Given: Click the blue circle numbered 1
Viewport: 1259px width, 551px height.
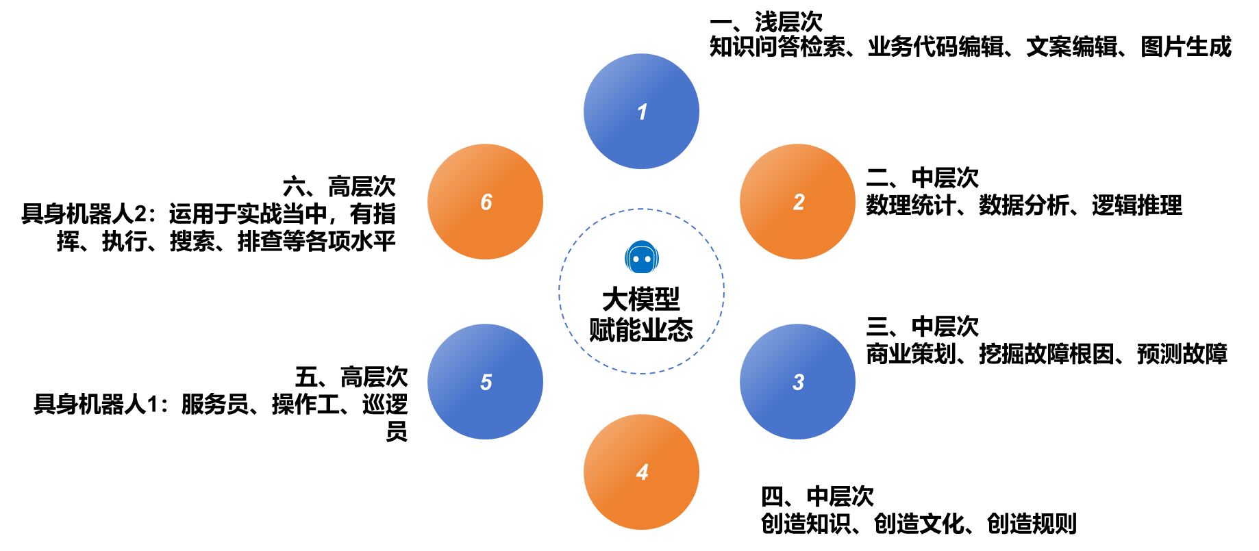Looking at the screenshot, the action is (x=641, y=111).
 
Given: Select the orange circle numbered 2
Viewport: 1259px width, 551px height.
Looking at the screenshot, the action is (x=797, y=201).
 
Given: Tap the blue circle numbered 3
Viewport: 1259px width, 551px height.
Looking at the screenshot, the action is (x=797, y=381).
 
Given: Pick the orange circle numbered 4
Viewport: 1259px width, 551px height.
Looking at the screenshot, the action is (x=641, y=472).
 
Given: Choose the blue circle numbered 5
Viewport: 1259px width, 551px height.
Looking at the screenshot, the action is (x=485, y=381).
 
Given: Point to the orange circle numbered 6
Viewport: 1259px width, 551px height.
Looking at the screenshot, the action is (x=485, y=201).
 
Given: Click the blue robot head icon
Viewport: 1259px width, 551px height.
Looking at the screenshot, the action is (x=642, y=257).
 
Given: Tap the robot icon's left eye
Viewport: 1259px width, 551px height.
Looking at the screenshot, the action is (x=636, y=259).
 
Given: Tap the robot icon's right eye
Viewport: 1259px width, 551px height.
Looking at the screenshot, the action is (x=647, y=259).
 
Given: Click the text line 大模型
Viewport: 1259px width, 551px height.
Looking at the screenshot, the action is (x=641, y=299).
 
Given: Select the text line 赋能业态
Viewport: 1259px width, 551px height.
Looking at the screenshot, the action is (x=641, y=330).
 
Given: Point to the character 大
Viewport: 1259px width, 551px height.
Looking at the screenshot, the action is (x=615, y=299).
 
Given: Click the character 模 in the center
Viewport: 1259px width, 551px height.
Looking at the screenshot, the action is (x=641, y=299).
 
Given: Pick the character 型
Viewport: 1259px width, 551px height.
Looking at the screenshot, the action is (x=667, y=299).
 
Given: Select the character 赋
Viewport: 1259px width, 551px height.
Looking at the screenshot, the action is (x=602, y=330).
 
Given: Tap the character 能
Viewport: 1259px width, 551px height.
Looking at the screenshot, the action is (x=628, y=330).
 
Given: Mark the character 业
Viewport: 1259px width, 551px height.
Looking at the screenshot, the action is (x=654, y=330).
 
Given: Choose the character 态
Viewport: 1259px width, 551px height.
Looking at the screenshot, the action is (x=680, y=330).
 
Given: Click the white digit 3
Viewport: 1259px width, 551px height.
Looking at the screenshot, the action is (x=798, y=382).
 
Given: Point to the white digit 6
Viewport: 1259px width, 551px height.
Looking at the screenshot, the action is (x=486, y=202).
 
